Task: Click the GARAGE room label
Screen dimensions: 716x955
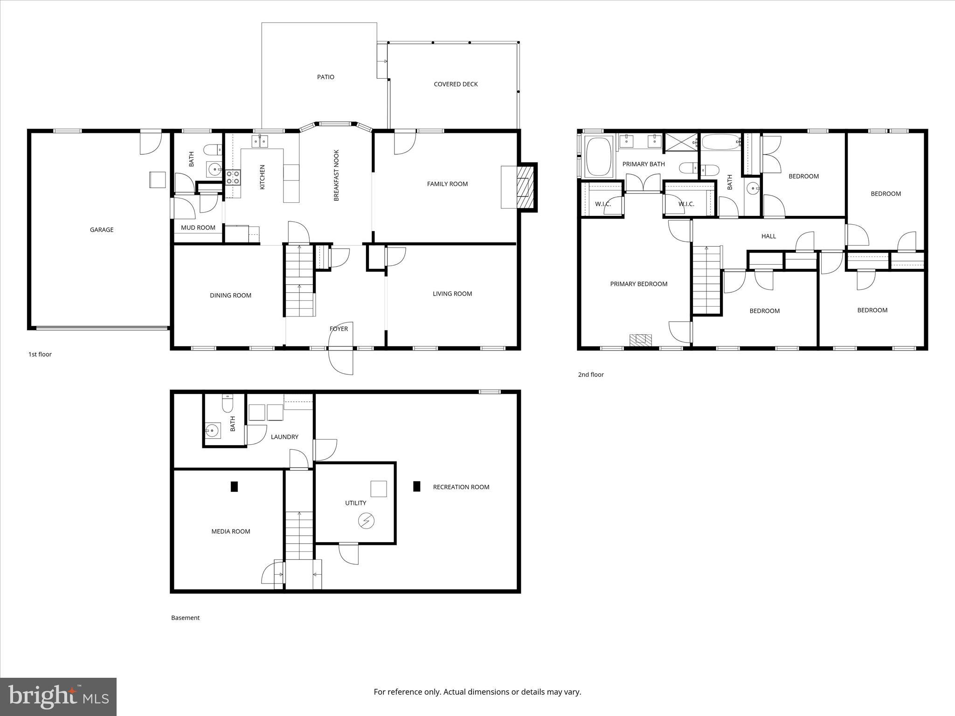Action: click(102, 229)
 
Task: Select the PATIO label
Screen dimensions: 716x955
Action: click(325, 77)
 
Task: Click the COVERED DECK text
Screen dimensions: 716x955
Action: click(456, 84)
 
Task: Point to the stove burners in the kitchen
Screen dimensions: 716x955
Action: click(233, 177)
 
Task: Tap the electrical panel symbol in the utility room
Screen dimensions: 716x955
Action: click(366, 521)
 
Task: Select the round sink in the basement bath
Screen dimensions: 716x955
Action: click(213, 430)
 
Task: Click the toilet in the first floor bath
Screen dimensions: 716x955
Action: click(214, 150)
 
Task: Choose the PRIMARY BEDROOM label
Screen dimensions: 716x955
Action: click(638, 284)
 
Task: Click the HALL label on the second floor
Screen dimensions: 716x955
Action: click(768, 236)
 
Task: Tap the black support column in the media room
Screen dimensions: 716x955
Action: click(235, 486)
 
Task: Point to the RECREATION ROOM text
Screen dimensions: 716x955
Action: click(461, 487)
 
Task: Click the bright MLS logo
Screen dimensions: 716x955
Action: click(58, 696)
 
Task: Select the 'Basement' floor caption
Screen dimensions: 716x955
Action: click(185, 618)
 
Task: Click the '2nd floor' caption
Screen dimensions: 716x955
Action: click(591, 374)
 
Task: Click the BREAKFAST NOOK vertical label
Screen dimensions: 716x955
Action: click(336, 175)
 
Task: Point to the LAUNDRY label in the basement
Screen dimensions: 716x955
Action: click(284, 437)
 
